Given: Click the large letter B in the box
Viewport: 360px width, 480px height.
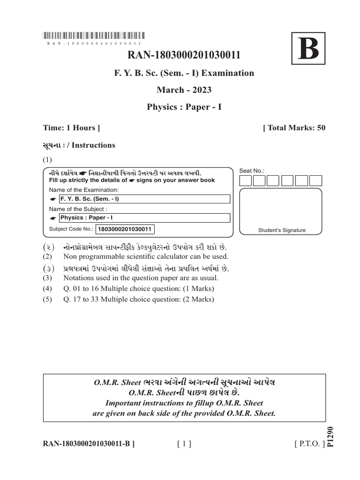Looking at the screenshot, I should coord(308,49).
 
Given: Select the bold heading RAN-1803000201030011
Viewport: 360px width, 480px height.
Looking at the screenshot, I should coord(184,55).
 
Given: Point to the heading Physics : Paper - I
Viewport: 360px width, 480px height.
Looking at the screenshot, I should coord(184,107).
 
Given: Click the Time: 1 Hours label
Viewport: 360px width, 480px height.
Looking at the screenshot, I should coord(71,128).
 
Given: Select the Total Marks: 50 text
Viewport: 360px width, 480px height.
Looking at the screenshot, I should coord(294,128).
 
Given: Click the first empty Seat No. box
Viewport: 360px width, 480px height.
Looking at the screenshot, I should coord(246,181).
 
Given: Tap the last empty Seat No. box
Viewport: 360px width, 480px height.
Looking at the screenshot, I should coord(316,181).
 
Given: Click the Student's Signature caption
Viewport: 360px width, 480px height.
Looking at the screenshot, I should coord(282,230).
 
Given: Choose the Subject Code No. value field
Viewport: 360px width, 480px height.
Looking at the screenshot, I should coord(125,229).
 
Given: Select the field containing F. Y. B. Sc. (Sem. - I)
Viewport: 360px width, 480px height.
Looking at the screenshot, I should coord(144,199).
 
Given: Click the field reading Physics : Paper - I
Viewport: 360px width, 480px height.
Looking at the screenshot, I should coord(144,218).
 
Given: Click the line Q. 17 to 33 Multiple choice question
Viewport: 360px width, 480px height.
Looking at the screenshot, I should coord(138,300).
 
